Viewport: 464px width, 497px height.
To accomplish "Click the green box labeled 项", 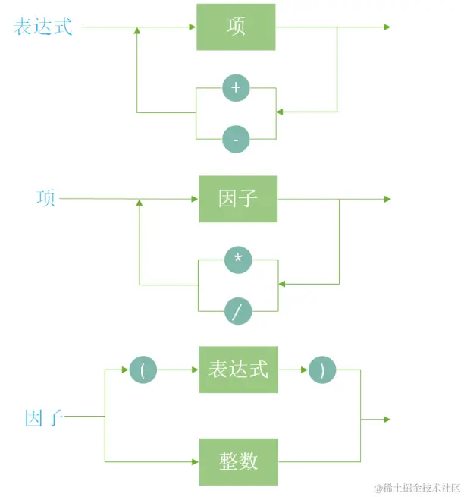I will coord(236,27).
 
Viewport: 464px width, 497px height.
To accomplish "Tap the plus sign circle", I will coord(236,88).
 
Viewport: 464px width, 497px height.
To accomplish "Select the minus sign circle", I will coord(236,140).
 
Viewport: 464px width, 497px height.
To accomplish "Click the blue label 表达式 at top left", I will coord(43,27).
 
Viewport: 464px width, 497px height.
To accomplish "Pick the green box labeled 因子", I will coord(238,199).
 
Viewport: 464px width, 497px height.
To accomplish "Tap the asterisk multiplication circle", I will coord(238,260).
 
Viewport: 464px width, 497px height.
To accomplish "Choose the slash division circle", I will coord(238,311).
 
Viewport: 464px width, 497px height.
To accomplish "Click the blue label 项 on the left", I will coord(46,199).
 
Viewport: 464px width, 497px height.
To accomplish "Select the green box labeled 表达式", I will coord(238,370).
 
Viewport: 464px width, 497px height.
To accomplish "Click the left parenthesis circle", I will coord(143,370).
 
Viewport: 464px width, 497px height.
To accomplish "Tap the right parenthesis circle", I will coord(322,370).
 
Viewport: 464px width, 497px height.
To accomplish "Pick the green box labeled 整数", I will coord(238,461).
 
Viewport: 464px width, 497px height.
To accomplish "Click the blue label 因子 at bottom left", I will coord(43,417).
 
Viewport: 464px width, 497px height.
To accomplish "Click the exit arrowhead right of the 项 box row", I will coord(387,27).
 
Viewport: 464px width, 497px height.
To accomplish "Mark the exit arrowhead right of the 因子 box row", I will coord(387,199).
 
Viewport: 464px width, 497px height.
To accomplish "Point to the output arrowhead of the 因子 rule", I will coord(387,419).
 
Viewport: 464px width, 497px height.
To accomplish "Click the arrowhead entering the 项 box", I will coord(193,27).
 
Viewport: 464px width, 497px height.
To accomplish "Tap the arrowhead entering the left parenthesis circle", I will coord(127,370).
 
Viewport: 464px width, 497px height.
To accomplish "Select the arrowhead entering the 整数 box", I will coord(195,461).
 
